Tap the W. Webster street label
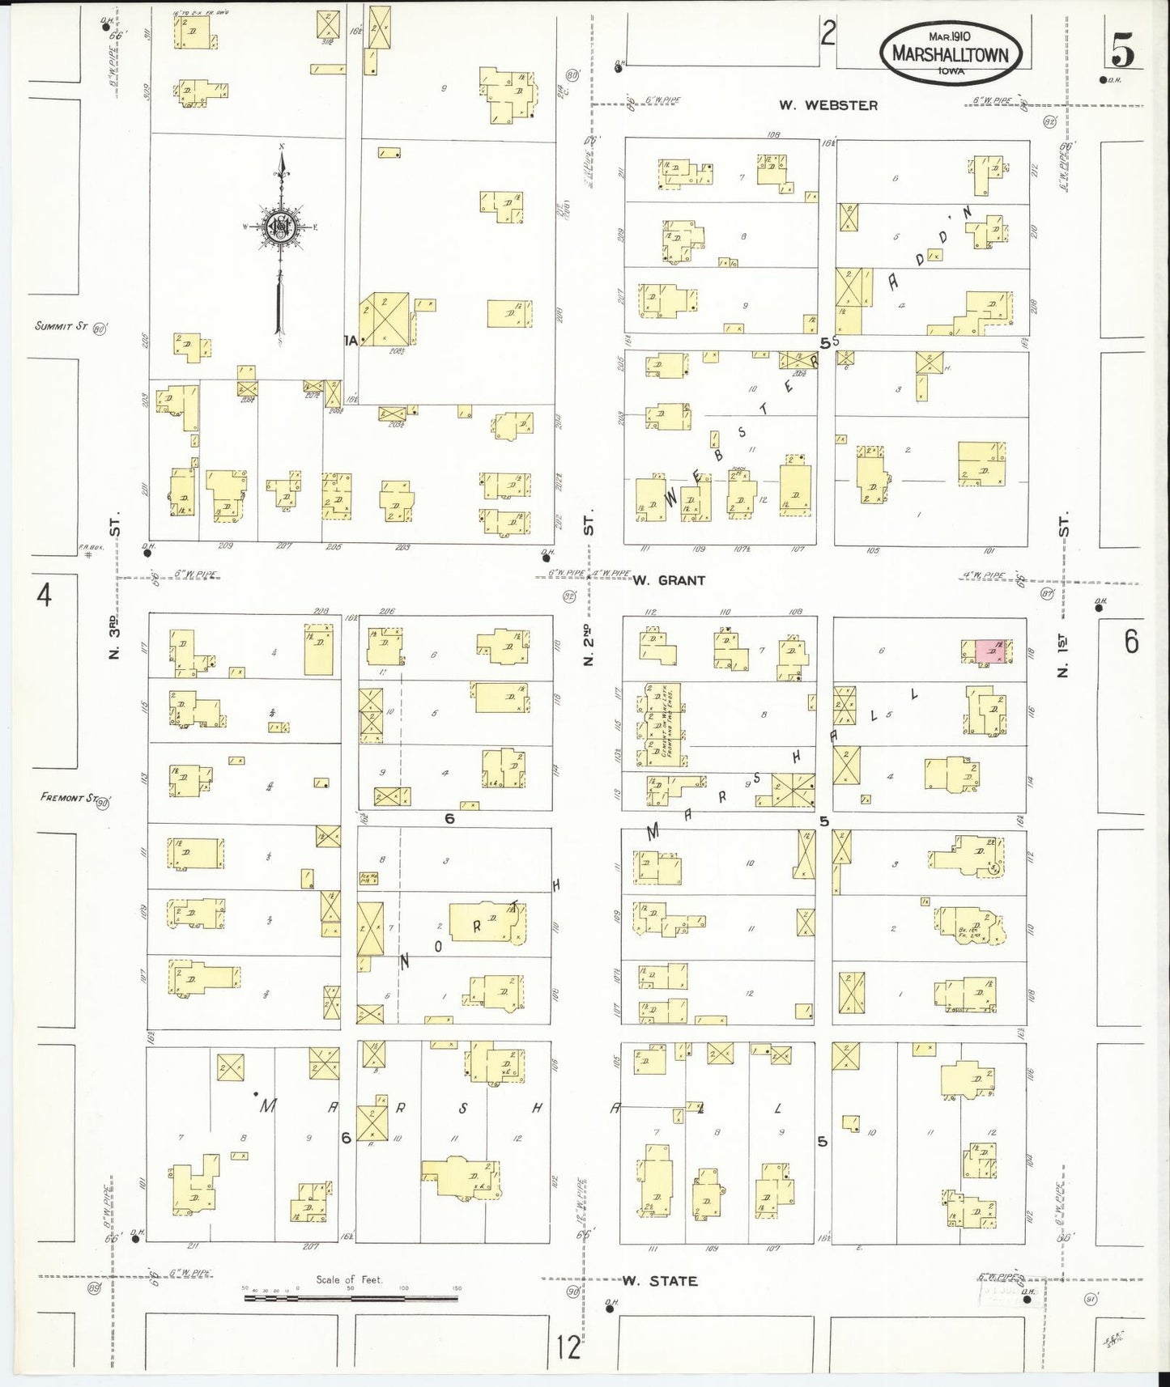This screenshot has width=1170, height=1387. [x=828, y=105]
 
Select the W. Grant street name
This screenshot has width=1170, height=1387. [x=669, y=580]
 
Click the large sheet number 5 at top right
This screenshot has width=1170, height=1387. [x=1122, y=53]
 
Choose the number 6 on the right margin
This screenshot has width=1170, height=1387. [x=1130, y=642]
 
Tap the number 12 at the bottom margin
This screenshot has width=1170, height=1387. [x=569, y=1348]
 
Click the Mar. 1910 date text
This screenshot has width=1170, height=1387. [x=951, y=37]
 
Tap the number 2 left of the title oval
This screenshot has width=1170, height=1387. [x=827, y=34]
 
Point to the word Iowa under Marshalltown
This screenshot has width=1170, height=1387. [x=951, y=71]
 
